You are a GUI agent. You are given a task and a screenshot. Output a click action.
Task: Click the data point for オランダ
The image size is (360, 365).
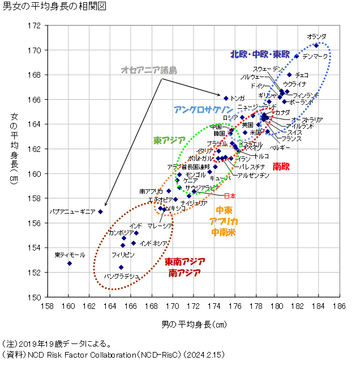[x=317, y=45]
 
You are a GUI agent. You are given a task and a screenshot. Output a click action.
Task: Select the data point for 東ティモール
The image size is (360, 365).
[x=70, y=264]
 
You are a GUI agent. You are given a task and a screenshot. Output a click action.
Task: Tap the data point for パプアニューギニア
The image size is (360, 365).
[x=101, y=211]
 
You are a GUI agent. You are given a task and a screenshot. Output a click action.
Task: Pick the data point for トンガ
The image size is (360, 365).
[x=226, y=98]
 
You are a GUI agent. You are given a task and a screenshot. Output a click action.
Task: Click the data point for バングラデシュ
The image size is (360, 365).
[x=121, y=267]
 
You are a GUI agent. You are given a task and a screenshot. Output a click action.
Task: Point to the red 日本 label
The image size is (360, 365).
[x=230, y=196]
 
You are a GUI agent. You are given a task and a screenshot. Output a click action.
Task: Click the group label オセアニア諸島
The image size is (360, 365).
[x=149, y=70]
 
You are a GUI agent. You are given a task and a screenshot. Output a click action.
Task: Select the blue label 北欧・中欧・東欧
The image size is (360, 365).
[x=260, y=55]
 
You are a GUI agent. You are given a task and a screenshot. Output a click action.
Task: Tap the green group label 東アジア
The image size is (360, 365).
[x=169, y=140]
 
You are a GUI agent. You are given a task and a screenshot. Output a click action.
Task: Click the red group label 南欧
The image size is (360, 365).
[x=281, y=167]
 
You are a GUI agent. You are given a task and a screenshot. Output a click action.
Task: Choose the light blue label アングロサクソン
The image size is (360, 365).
[x=203, y=109]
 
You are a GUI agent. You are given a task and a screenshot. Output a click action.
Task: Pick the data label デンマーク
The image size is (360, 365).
[x=315, y=57]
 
